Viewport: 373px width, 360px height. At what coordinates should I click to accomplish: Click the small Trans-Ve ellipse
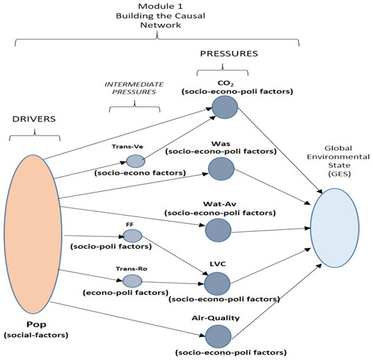click(136, 161)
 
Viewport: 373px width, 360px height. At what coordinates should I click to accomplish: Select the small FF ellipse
click(132, 236)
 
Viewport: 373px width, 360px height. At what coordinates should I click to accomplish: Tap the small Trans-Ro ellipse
click(132, 281)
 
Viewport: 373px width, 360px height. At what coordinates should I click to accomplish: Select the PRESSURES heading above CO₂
click(220, 52)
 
